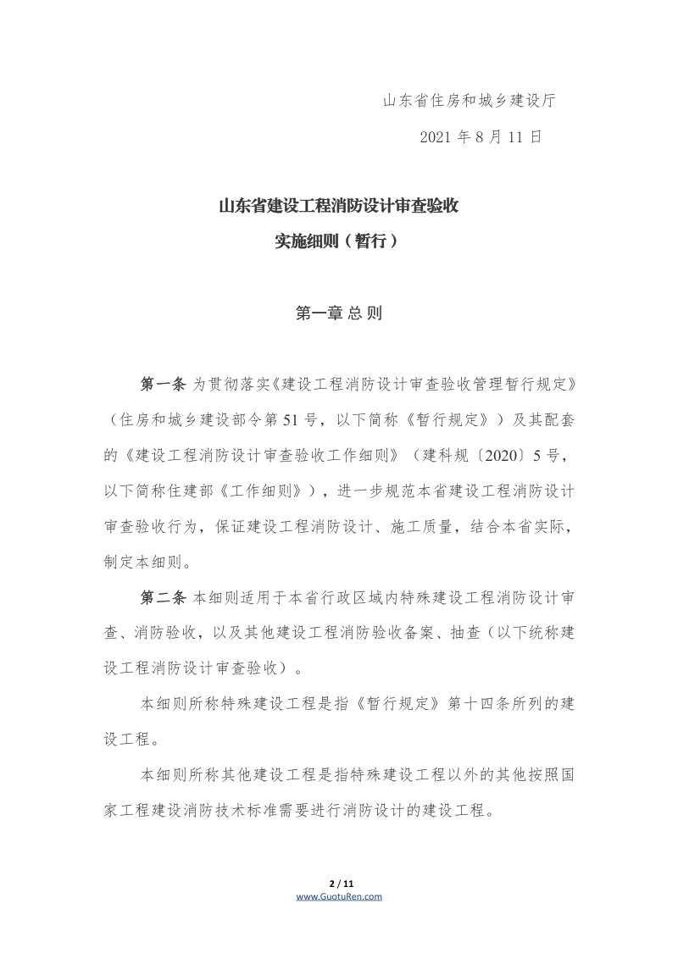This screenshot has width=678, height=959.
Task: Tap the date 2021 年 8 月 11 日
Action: (x=481, y=137)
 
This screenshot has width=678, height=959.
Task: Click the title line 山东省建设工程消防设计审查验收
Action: (x=338, y=206)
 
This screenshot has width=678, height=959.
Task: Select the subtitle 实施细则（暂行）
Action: (x=338, y=241)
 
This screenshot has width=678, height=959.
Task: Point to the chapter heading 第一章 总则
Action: (x=338, y=313)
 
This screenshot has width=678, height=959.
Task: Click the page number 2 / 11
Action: (x=339, y=885)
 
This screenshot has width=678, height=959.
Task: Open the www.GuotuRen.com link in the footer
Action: (x=339, y=896)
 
